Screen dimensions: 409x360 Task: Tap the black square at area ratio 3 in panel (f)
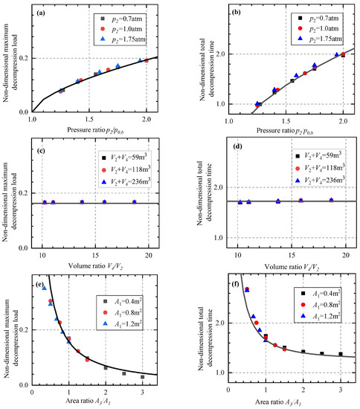click(340, 354)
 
